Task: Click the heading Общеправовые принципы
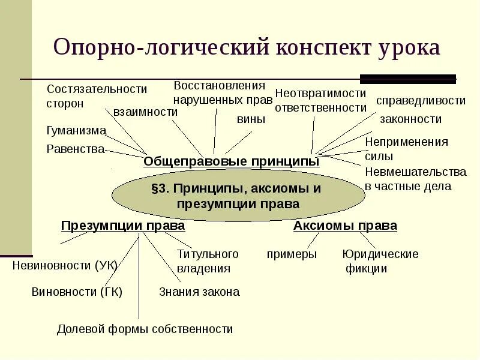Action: [x=231, y=161]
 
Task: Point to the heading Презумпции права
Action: [x=123, y=226]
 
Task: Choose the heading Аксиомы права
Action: [x=345, y=226]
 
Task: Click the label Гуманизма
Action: [x=76, y=130]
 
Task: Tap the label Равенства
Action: [x=76, y=149]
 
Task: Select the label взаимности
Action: [x=145, y=112]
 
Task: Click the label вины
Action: [x=251, y=119]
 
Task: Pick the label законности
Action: [x=410, y=119]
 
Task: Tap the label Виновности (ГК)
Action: [x=77, y=292]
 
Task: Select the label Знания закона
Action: [x=199, y=292]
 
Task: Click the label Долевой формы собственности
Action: [x=145, y=329]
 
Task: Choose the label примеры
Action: [x=292, y=254]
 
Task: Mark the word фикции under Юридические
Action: [x=366, y=269]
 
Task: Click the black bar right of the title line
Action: [x=408, y=79]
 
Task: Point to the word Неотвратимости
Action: [x=320, y=93]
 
